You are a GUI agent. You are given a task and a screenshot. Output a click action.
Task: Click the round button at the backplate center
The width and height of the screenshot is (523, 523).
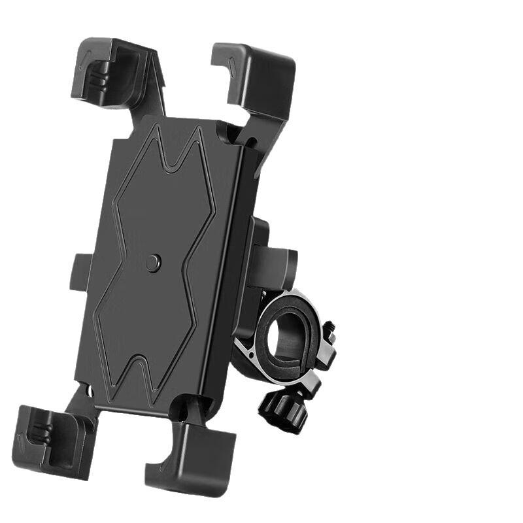click(153, 263)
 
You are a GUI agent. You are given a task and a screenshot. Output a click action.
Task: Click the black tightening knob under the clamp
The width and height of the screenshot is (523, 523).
click(282, 409)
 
